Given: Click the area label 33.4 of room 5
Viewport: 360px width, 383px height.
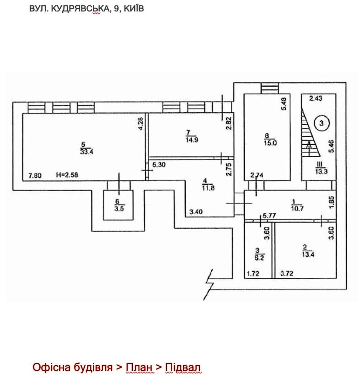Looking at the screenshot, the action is pyautogui.click(x=87, y=152).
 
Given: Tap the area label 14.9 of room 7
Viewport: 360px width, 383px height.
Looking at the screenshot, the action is pyautogui.click(x=192, y=140).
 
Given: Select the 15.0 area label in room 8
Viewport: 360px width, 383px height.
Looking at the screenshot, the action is pyautogui.click(x=270, y=143).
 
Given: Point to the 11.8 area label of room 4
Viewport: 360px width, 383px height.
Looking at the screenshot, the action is pyautogui.click(x=208, y=188).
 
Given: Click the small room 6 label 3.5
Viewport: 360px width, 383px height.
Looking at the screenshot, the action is pyautogui.click(x=119, y=209).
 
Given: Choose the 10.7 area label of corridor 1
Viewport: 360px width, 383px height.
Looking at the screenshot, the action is pyautogui.click(x=297, y=209).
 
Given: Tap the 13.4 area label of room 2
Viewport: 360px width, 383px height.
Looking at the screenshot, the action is pyautogui.click(x=308, y=254).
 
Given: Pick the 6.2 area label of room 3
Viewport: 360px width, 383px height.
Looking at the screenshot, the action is pyautogui.click(x=259, y=257).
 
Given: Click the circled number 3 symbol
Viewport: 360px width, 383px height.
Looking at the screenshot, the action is pyautogui.click(x=321, y=123).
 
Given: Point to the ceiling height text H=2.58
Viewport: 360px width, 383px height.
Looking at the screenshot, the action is pyautogui.click(x=67, y=175).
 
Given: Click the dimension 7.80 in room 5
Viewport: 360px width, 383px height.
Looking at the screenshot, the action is pyautogui.click(x=35, y=176).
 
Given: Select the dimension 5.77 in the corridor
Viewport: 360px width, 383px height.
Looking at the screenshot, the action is pyautogui.click(x=269, y=216).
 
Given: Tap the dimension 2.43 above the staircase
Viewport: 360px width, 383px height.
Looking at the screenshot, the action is pyautogui.click(x=316, y=99).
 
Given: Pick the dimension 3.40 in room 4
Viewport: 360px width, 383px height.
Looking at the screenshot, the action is pyautogui.click(x=196, y=211).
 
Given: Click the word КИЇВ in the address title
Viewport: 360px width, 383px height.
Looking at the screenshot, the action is pyautogui.click(x=134, y=9).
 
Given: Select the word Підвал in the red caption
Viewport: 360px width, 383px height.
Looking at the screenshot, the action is pyautogui.click(x=183, y=367).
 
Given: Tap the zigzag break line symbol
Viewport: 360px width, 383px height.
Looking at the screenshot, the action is pyautogui.click(x=209, y=284).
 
